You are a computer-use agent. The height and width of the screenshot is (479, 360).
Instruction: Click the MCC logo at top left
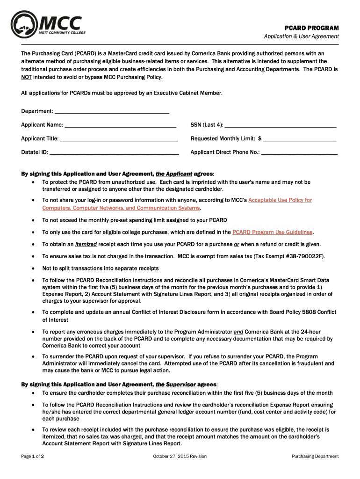point(47,26)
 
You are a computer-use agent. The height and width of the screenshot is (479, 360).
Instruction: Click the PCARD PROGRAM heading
point(312,28)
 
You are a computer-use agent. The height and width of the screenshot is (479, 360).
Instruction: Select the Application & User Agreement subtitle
point(302,37)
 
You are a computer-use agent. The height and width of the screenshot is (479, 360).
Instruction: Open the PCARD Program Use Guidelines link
point(273,232)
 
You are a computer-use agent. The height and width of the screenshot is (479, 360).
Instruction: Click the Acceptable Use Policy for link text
point(280,200)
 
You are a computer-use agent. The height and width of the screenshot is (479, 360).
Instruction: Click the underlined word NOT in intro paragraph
point(26,77)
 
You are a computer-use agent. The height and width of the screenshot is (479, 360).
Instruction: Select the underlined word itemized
point(86,244)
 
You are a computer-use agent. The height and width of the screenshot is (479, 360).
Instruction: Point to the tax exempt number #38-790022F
point(304,256)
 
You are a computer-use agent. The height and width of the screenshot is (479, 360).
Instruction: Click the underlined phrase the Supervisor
point(175,385)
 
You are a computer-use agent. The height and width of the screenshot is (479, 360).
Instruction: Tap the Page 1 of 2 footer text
point(33,457)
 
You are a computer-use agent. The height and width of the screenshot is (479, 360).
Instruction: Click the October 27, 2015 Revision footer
point(180,457)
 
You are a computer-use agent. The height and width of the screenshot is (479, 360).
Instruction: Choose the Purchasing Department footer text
point(315,457)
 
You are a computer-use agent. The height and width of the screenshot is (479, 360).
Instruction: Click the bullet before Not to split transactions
point(33,269)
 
